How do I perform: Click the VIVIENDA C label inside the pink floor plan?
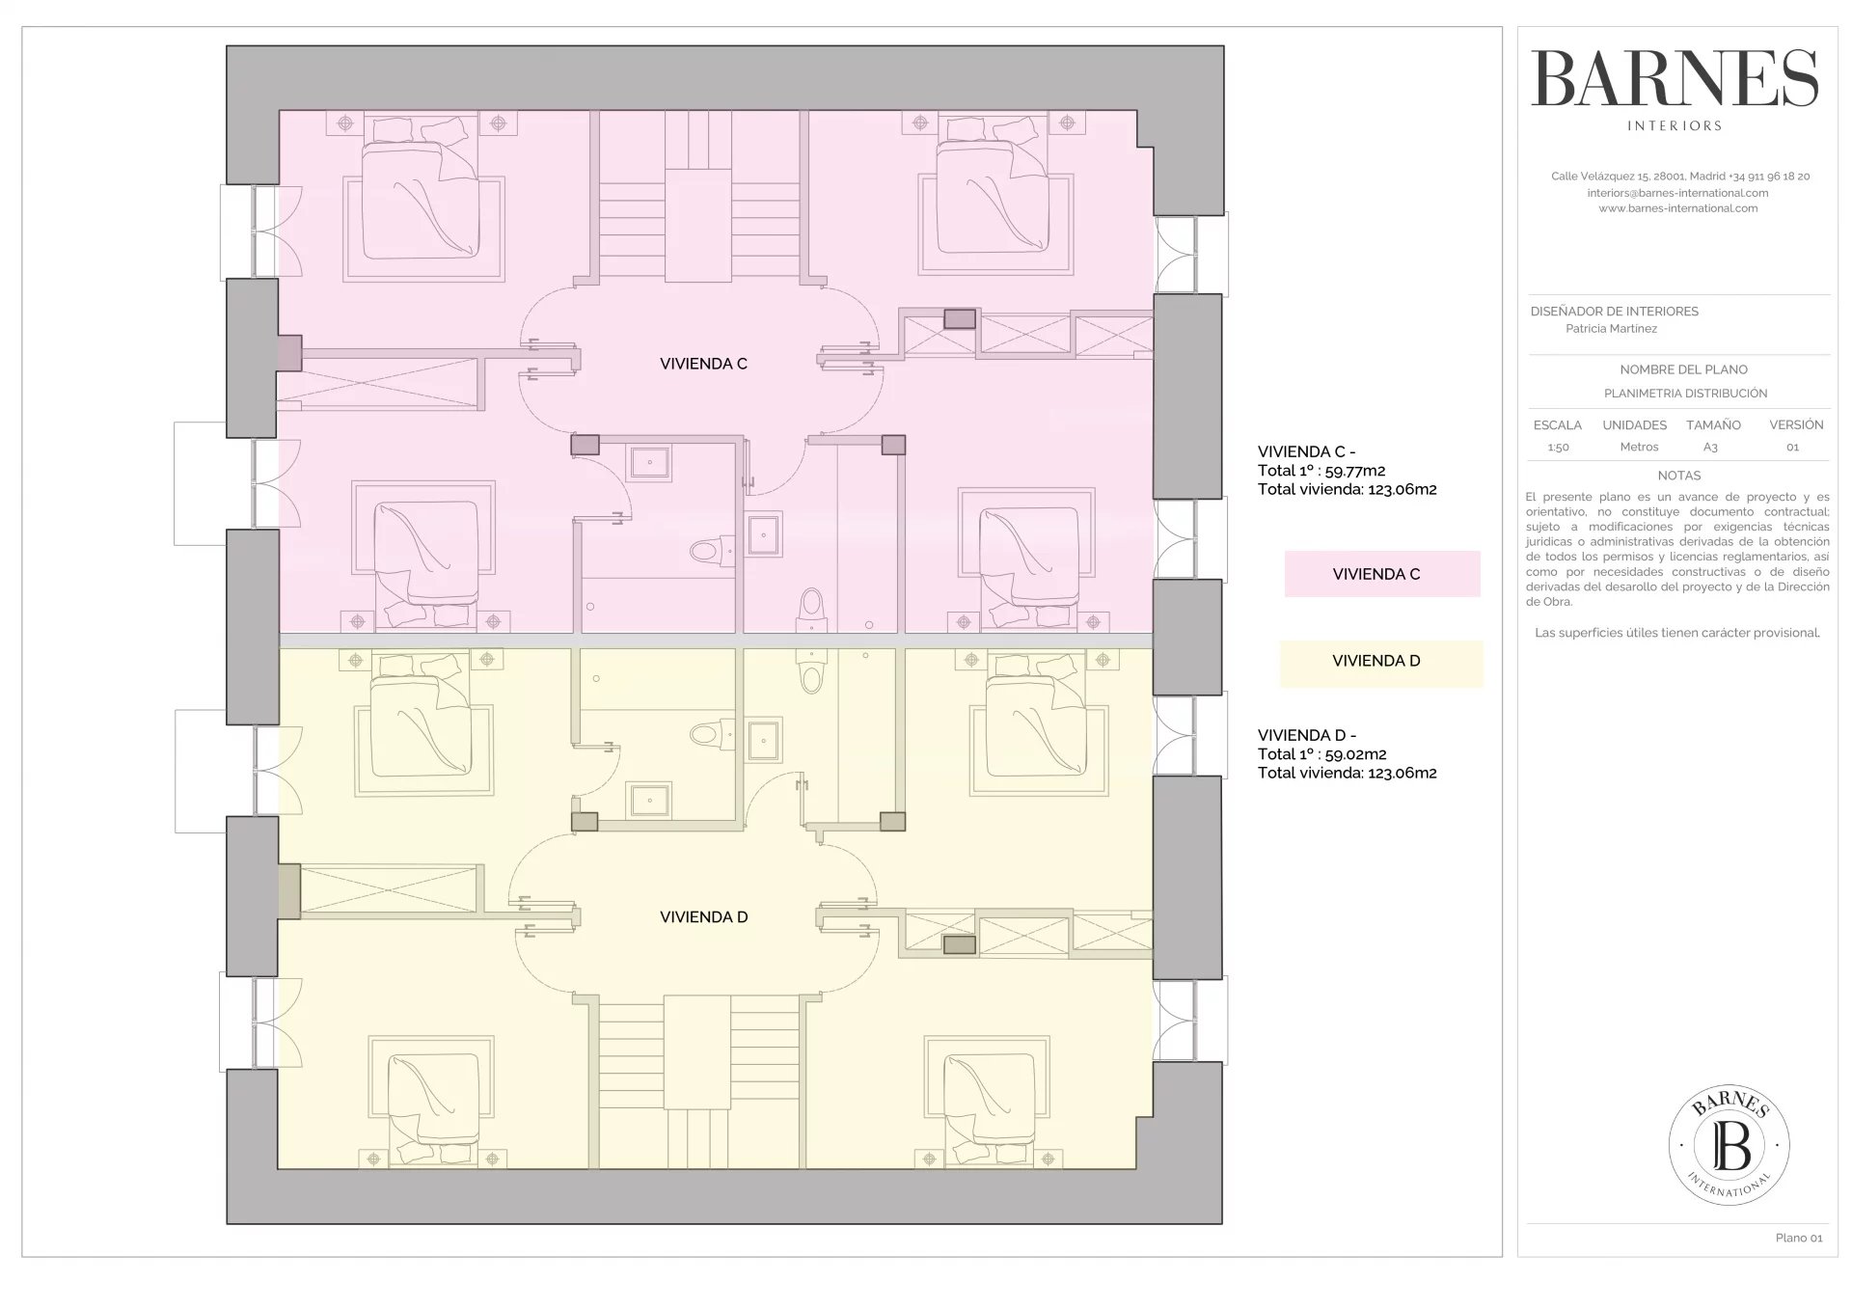[x=703, y=364]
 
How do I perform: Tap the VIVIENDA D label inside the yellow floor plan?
[x=703, y=917]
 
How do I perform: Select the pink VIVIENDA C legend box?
[x=1381, y=574]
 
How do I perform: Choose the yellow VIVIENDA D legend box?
[x=1381, y=663]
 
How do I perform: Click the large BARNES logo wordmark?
[x=1675, y=79]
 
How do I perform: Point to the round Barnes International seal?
[x=1729, y=1145]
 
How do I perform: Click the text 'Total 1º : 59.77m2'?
[x=1321, y=471]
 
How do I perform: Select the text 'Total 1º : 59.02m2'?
[x=1321, y=754]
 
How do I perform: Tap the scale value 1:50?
[x=1558, y=448]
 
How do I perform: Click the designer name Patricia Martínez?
[x=1611, y=329]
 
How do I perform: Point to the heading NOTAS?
[x=1679, y=476]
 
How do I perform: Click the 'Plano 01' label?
[x=1799, y=1238]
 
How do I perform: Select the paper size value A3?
[x=1710, y=448]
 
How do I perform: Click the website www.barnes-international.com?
[x=1678, y=208]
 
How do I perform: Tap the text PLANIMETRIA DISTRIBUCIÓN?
[x=1685, y=394]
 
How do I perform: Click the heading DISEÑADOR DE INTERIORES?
[x=1614, y=312]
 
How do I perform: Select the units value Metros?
[x=1639, y=448]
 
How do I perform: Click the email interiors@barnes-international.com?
[x=1678, y=193]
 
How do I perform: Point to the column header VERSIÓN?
[x=1796, y=425]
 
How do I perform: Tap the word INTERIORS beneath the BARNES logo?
[x=1675, y=125]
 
